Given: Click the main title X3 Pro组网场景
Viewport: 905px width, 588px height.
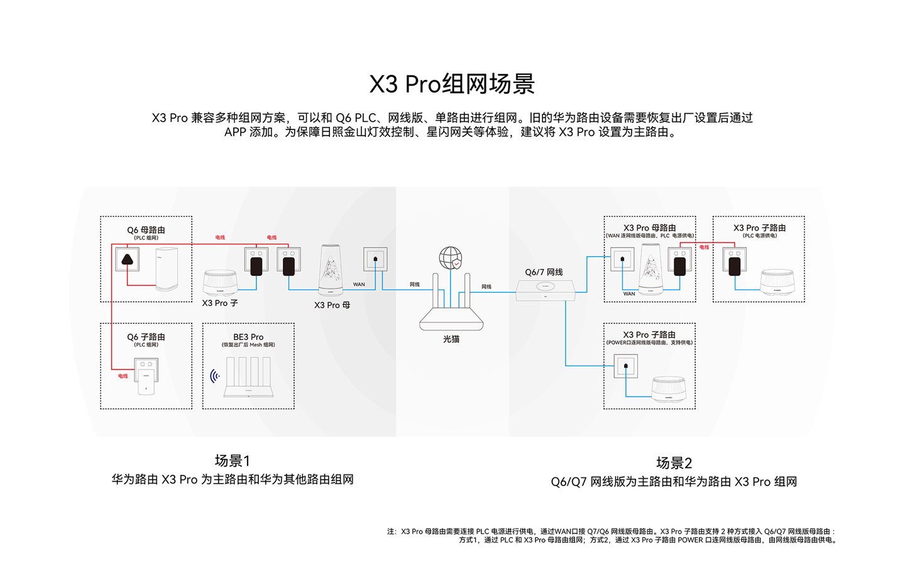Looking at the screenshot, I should tap(452, 84).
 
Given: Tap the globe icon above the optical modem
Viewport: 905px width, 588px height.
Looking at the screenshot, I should tap(450, 258).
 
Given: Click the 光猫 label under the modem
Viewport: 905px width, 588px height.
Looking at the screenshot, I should tap(451, 339).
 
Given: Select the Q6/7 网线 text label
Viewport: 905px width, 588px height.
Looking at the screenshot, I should tap(544, 272).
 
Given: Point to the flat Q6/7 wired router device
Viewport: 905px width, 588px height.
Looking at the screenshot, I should tap(545, 290).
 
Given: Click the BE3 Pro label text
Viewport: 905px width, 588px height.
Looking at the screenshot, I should tap(248, 337).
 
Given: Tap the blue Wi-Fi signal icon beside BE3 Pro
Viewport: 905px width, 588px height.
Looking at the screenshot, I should tap(215, 376).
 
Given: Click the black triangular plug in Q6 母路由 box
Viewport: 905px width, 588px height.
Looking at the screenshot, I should tap(127, 259).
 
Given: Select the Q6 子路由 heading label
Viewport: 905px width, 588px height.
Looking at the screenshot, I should tap(146, 337).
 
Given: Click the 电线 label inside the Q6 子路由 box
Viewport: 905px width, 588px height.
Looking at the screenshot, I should tap(123, 376).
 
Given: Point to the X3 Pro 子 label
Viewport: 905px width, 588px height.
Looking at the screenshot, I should tap(220, 303).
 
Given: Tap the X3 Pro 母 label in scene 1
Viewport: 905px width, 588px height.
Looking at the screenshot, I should tap(332, 305).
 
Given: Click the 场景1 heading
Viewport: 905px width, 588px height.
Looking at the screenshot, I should tap(232, 460).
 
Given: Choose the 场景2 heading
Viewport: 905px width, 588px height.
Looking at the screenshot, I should tap(674, 463).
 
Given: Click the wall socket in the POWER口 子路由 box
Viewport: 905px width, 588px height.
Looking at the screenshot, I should tap(625, 366).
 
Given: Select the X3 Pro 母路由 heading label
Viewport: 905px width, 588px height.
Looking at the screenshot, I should tap(649, 227).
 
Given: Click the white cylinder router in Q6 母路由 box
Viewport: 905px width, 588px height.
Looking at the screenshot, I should tap(167, 269).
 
